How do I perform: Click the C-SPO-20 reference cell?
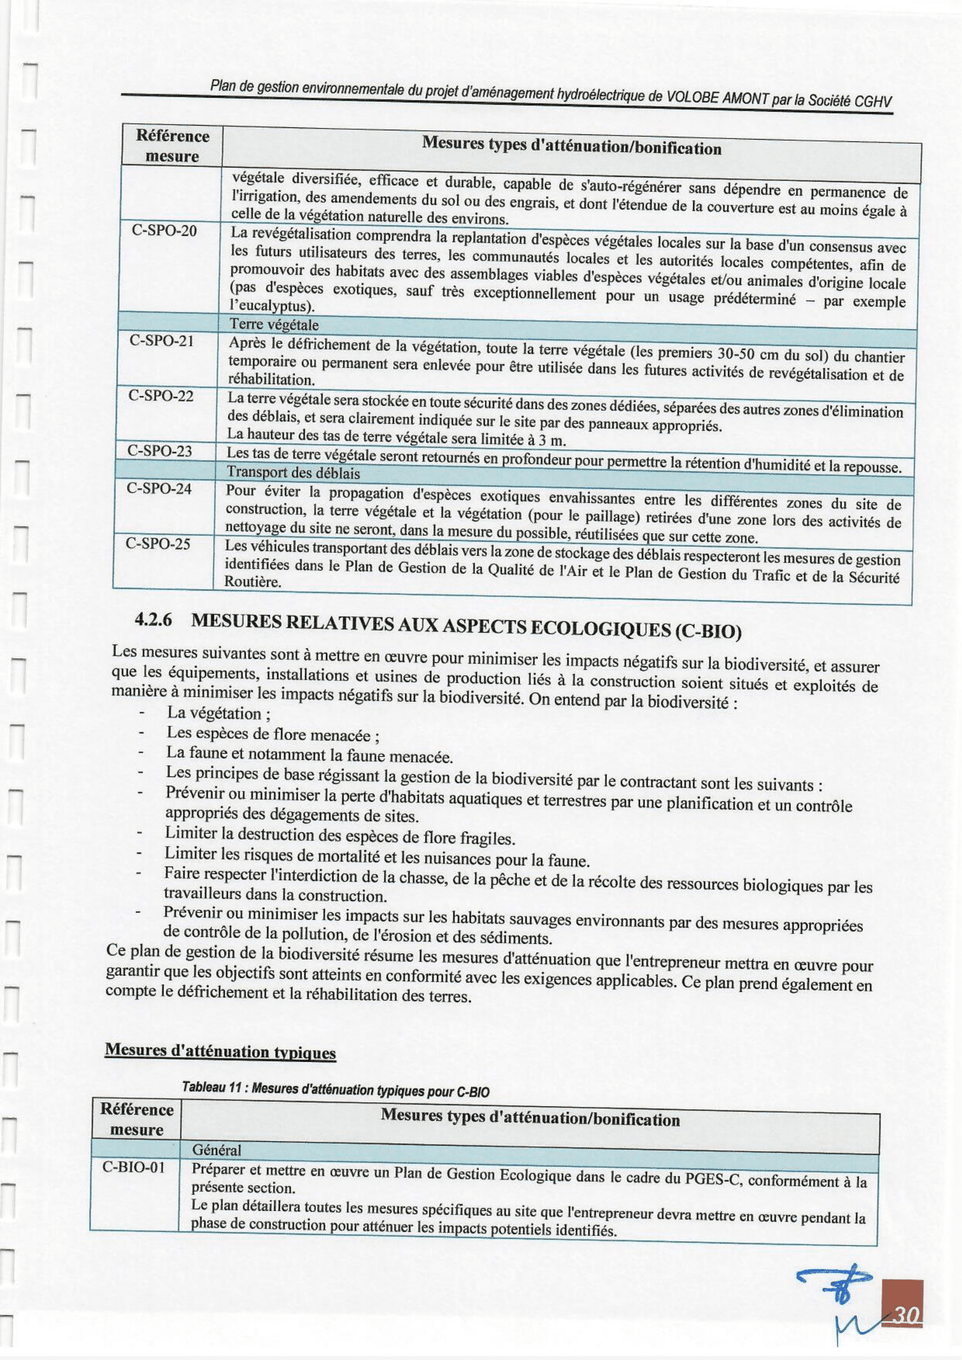[164, 231]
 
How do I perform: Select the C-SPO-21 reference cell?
[162, 341]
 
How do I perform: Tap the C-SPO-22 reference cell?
[161, 395]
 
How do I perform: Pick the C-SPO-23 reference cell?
[160, 451]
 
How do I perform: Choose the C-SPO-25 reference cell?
[158, 543]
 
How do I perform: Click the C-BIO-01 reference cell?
[133, 1168]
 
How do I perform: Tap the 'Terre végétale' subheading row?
[274, 325]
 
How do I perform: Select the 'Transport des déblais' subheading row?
[293, 473]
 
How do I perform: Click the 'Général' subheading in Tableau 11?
[217, 1151]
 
